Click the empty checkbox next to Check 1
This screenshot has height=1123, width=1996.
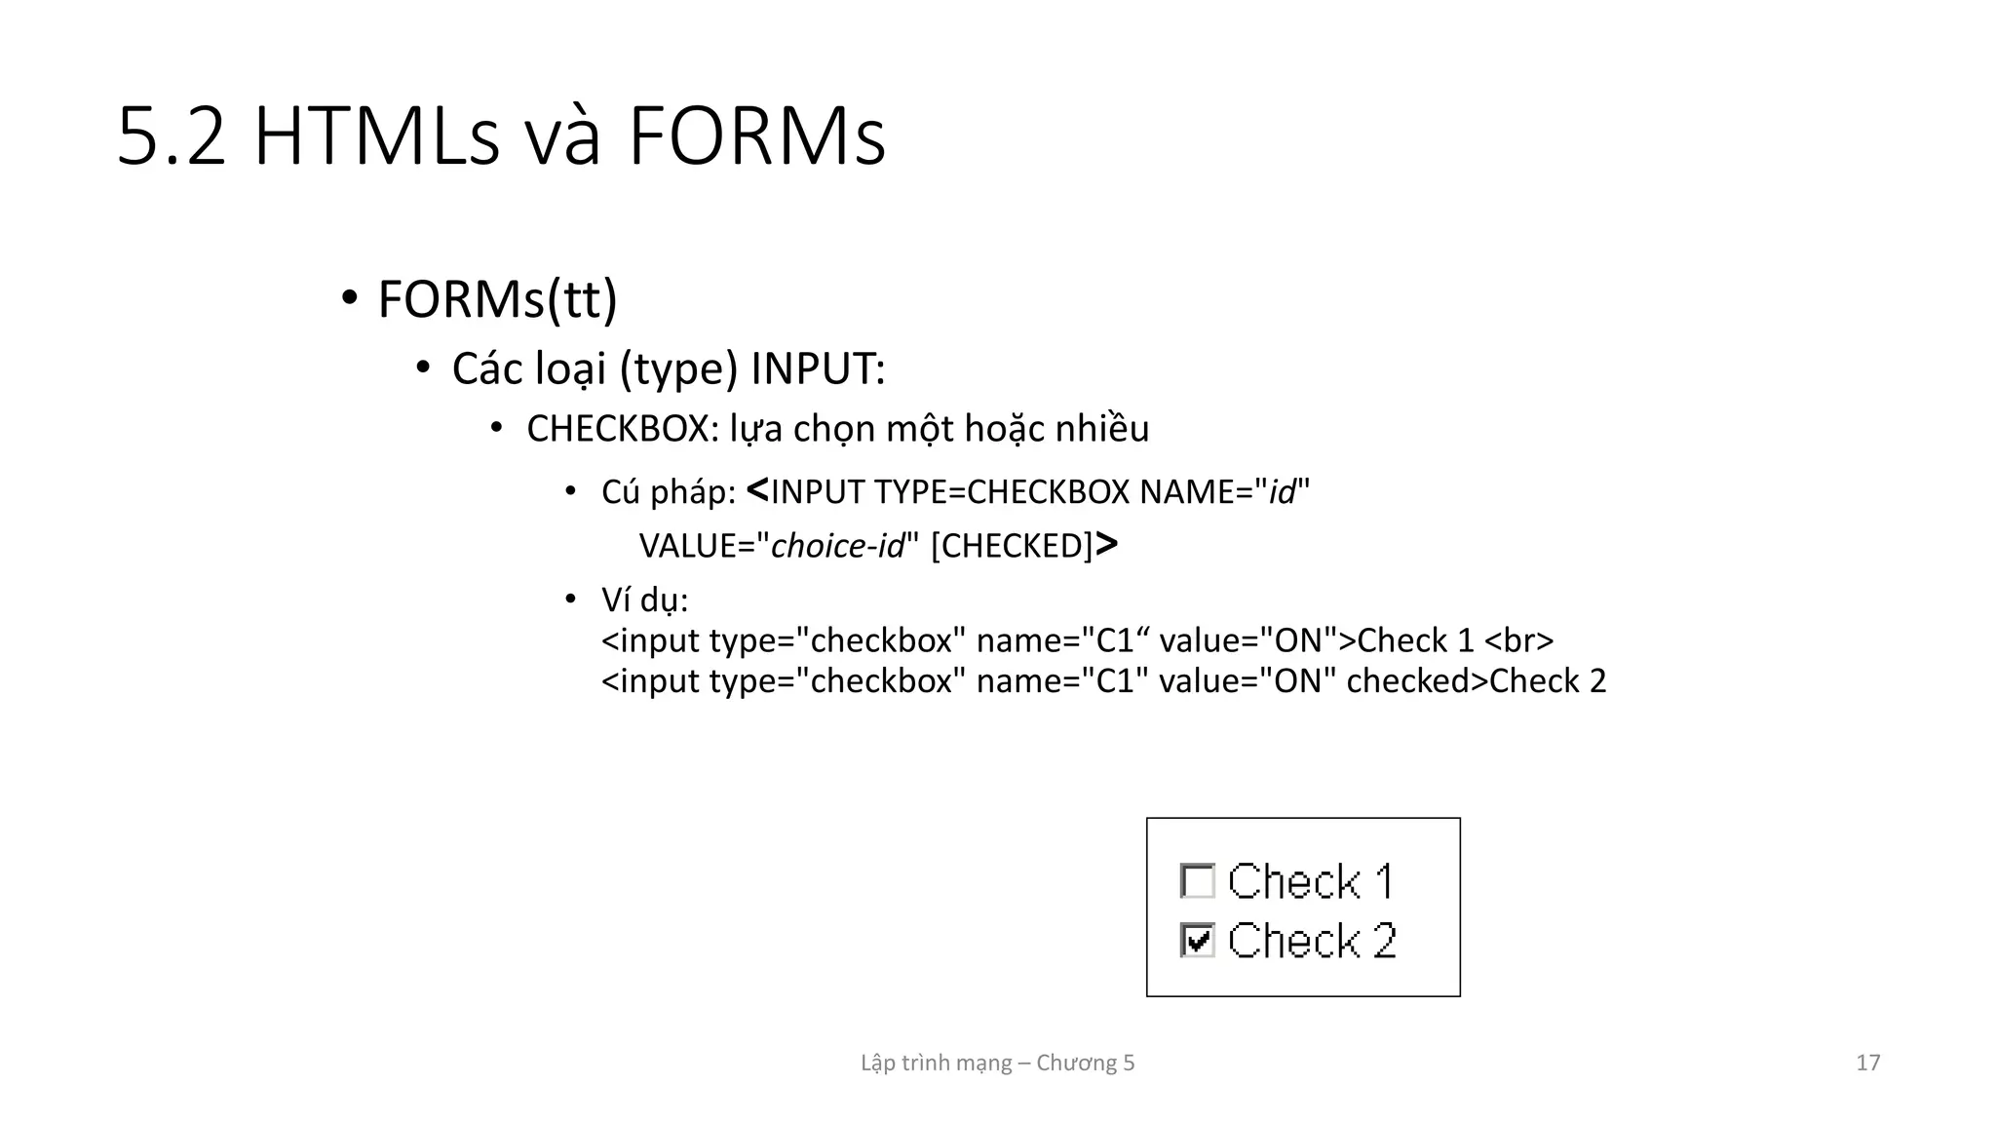point(1197,881)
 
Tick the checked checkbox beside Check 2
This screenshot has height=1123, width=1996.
point(1197,941)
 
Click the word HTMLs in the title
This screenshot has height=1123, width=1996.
point(376,137)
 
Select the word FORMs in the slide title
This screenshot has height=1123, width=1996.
point(756,137)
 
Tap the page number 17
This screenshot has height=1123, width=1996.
point(1867,1063)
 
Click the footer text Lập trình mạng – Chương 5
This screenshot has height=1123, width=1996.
point(997,1063)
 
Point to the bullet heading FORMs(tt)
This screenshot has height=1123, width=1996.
point(497,299)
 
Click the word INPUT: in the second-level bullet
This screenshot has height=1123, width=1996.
point(818,368)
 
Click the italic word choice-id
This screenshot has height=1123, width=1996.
point(838,546)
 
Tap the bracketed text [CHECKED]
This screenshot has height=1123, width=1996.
point(1012,546)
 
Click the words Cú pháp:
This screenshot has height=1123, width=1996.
point(669,492)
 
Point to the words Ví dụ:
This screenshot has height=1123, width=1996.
point(644,600)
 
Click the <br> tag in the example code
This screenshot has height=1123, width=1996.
point(1518,641)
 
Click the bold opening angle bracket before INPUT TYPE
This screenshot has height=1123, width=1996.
point(757,490)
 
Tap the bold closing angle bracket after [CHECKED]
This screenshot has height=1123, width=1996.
point(1106,544)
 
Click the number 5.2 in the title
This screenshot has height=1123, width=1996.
point(172,137)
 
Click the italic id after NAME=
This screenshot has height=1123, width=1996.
point(1282,492)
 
